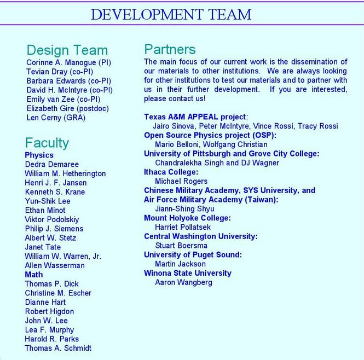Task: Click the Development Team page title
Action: pyautogui.click(x=171, y=14)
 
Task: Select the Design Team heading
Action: pyautogui.click(x=67, y=50)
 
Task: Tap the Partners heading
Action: pyautogui.click(x=170, y=49)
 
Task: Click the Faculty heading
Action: pyautogui.click(x=47, y=143)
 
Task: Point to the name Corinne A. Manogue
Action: pyautogui.click(x=68, y=62)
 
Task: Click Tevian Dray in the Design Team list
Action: pyautogui.click(x=60, y=72)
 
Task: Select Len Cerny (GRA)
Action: pyautogui.click(x=56, y=118)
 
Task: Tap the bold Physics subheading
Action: pyautogui.click(x=39, y=155)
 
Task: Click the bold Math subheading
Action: pyautogui.click(x=34, y=275)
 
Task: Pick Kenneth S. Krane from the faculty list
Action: pyautogui.click(x=54, y=192)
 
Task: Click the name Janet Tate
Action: pyautogui.click(x=43, y=247)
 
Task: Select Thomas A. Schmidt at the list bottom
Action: pyautogui.click(x=58, y=348)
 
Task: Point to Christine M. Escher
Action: pyautogui.click(x=58, y=293)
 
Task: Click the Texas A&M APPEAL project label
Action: pyautogui.click(x=195, y=117)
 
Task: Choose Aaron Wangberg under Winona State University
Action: pyautogui.click(x=184, y=282)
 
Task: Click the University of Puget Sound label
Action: pyautogui.click(x=193, y=255)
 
